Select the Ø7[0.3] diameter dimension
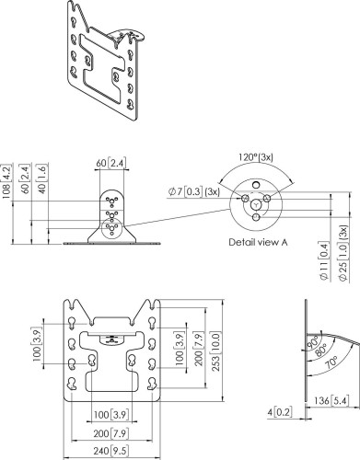tap(194, 190)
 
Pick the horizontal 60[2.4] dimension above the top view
tap(111, 163)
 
